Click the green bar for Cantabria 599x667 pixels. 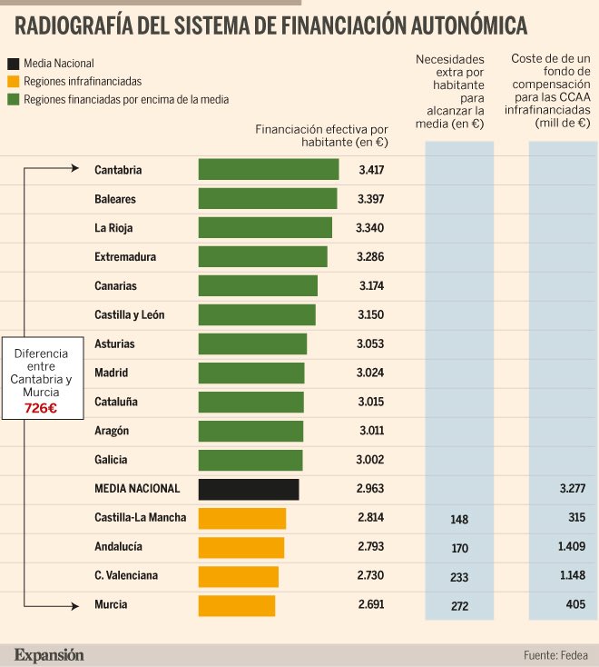pyautogui.click(x=269, y=170)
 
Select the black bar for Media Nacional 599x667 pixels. pyautogui.click(x=249, y=489)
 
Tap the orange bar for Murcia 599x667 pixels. pyautogui.click(x=237, y=605)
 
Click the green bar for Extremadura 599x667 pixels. pyautogui.click(x=263, y=257)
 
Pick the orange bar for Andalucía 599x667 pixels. pyautogui.click(x=241, y=547)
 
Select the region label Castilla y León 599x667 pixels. pyautogui.click(x=129, y=315)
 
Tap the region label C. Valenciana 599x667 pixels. pyautogui.click(x=126, y=576)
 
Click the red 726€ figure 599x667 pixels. pyautogui.click(x=41, y=409)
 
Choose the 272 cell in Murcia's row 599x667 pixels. pyautogui.click(x=458, y=606)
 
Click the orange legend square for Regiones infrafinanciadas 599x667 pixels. pyautogui.click(x=14, y=82)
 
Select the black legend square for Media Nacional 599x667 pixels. pyautogui.click(x=14, y=65)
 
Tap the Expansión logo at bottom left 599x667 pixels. pyautogui.click(x=49, y=654)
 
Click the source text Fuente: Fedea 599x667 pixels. pyautogui.click(x=555, y=655)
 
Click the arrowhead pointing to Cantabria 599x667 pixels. pyautogui.click(x=76, y=167)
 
